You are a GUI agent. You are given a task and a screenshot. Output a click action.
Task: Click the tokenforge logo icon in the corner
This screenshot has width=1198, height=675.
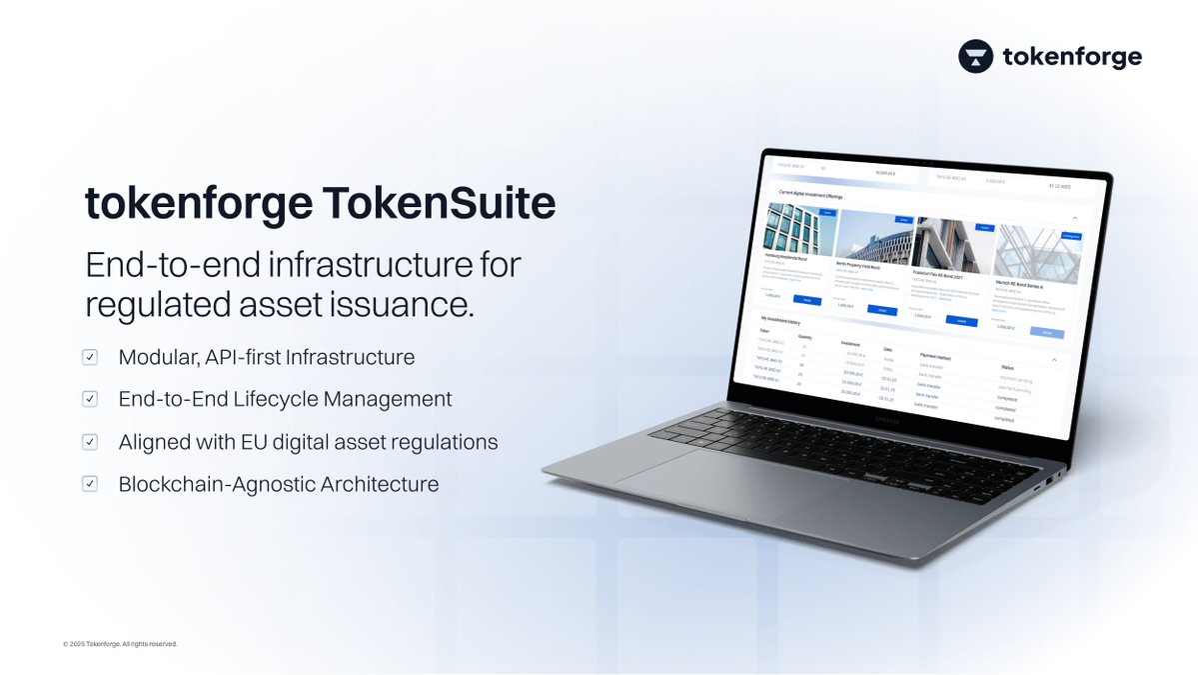click(976, 57)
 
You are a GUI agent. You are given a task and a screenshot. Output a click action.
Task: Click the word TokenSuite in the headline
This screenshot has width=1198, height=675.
click(439, 203)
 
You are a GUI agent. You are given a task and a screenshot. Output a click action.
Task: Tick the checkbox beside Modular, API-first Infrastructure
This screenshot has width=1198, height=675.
click(90, 357)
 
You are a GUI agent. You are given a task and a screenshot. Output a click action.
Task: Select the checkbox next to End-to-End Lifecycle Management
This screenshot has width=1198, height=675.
click(90, 399)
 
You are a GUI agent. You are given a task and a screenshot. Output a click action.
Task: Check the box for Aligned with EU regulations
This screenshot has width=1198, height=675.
click(90, 441)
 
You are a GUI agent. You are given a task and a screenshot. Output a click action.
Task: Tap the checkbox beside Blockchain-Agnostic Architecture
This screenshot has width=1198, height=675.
click(90, 484)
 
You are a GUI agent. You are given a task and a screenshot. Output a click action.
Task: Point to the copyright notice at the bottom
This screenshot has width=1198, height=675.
click(120, 644)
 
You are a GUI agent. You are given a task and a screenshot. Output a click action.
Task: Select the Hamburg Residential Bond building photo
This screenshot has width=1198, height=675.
click(800, 229)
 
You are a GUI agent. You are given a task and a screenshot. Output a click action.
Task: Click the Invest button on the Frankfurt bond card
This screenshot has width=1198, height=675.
click(961, 321)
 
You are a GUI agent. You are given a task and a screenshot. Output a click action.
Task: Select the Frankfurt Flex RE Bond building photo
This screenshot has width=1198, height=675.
click(952, 244)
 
